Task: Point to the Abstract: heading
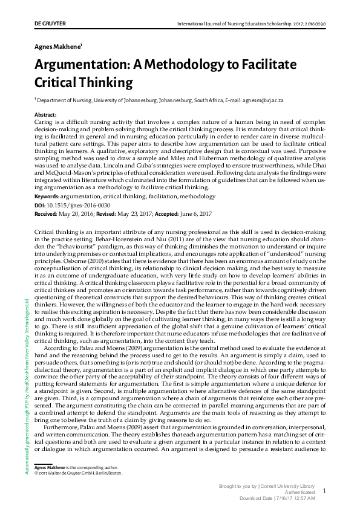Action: pyautogui.click(x=46, y=114)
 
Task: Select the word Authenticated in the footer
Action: pyautogui.click(x=298, y=493)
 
